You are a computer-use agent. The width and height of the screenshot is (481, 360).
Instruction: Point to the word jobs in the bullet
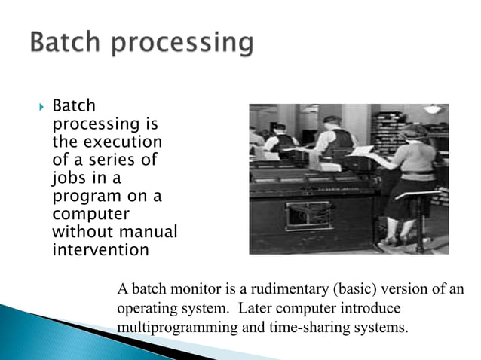tap(69, 178)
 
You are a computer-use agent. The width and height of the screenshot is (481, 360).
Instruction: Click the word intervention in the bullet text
tap(96, 249)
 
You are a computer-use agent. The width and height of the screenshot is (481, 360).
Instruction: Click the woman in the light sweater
tap(417, 166)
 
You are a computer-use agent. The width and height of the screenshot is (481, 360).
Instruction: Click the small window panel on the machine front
tap(308, 215)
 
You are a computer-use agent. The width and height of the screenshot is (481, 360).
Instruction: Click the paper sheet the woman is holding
tap(363, 151)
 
